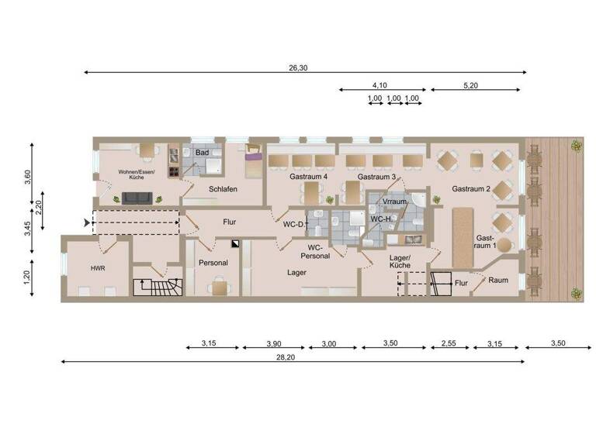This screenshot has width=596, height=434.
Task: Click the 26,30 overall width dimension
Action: (x=298, y=68)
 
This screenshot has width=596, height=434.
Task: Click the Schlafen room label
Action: (x=222, y=189)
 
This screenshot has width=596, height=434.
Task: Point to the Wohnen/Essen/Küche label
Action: (x=137, y=174)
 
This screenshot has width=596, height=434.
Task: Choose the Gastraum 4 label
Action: (x=309, y=177)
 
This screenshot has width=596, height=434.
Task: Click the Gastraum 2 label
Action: (x=472, y=189)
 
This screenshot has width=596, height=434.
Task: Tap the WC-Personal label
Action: (x=314, y=251)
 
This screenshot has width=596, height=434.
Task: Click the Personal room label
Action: (x=213, y=263)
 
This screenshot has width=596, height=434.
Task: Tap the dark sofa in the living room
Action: (x=137, y=198)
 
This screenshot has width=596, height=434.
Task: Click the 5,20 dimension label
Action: (x=470, y=86)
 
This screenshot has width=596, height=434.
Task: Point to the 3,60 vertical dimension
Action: (x=28, y=176)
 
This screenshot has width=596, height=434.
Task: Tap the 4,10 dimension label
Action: (x=379, y=86)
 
